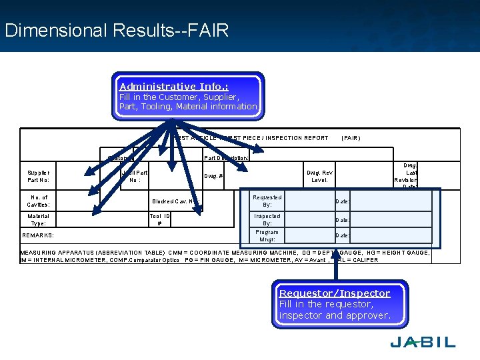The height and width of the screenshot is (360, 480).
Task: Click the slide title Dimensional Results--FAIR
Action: click(x=117, y=31)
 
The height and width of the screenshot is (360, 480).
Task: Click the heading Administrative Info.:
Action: click(x=174, y=87)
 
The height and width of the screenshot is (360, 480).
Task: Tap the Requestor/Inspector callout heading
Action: click(x=335, y=293)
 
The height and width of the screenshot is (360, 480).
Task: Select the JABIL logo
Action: click(x=423, y=342)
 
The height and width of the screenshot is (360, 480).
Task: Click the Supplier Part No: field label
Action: click(x=38, y=177)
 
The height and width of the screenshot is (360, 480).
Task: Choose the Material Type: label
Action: click(x=38, y=220)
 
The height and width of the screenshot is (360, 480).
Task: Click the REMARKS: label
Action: click(x=38, y=235)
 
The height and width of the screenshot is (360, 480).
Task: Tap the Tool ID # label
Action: click(x=159, y=220)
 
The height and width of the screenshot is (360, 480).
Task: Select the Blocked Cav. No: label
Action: click(x=175, y=201)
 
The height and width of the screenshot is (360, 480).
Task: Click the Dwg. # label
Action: click(x=213, y=177)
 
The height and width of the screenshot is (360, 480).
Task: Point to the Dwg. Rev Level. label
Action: click(x=319, y=177)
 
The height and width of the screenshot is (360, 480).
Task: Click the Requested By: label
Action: click(x=267, y=201)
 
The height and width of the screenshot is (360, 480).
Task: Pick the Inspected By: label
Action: click(x=267, y=220)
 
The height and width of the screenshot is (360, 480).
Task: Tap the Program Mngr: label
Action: click(x=267, y=235)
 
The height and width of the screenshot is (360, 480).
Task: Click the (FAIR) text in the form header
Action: click(x=351, y=138)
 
